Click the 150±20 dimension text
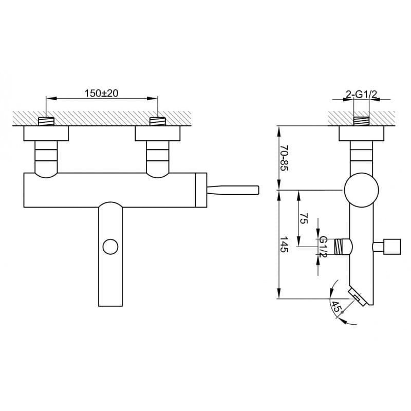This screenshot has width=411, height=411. pyautogui.click(x=101, y=93)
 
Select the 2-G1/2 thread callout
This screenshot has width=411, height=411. pyautogui.click(x=361, y=95)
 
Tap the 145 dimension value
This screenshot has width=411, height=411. pyautogui.click(x=284, y=245)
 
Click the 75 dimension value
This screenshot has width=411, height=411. pyautogui.click(x=304, y=218)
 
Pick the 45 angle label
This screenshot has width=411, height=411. pyautogui.click(x=337, y=307)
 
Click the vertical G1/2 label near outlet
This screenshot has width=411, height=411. pyautogui.click(x=323, y=247)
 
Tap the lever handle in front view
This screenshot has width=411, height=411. pyautogui.click(x=233, y=190)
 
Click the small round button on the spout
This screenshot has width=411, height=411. pyautogui.click(x=110, y=247)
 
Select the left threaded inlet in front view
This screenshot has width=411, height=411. pyautogui.click(x=46, y=121)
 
